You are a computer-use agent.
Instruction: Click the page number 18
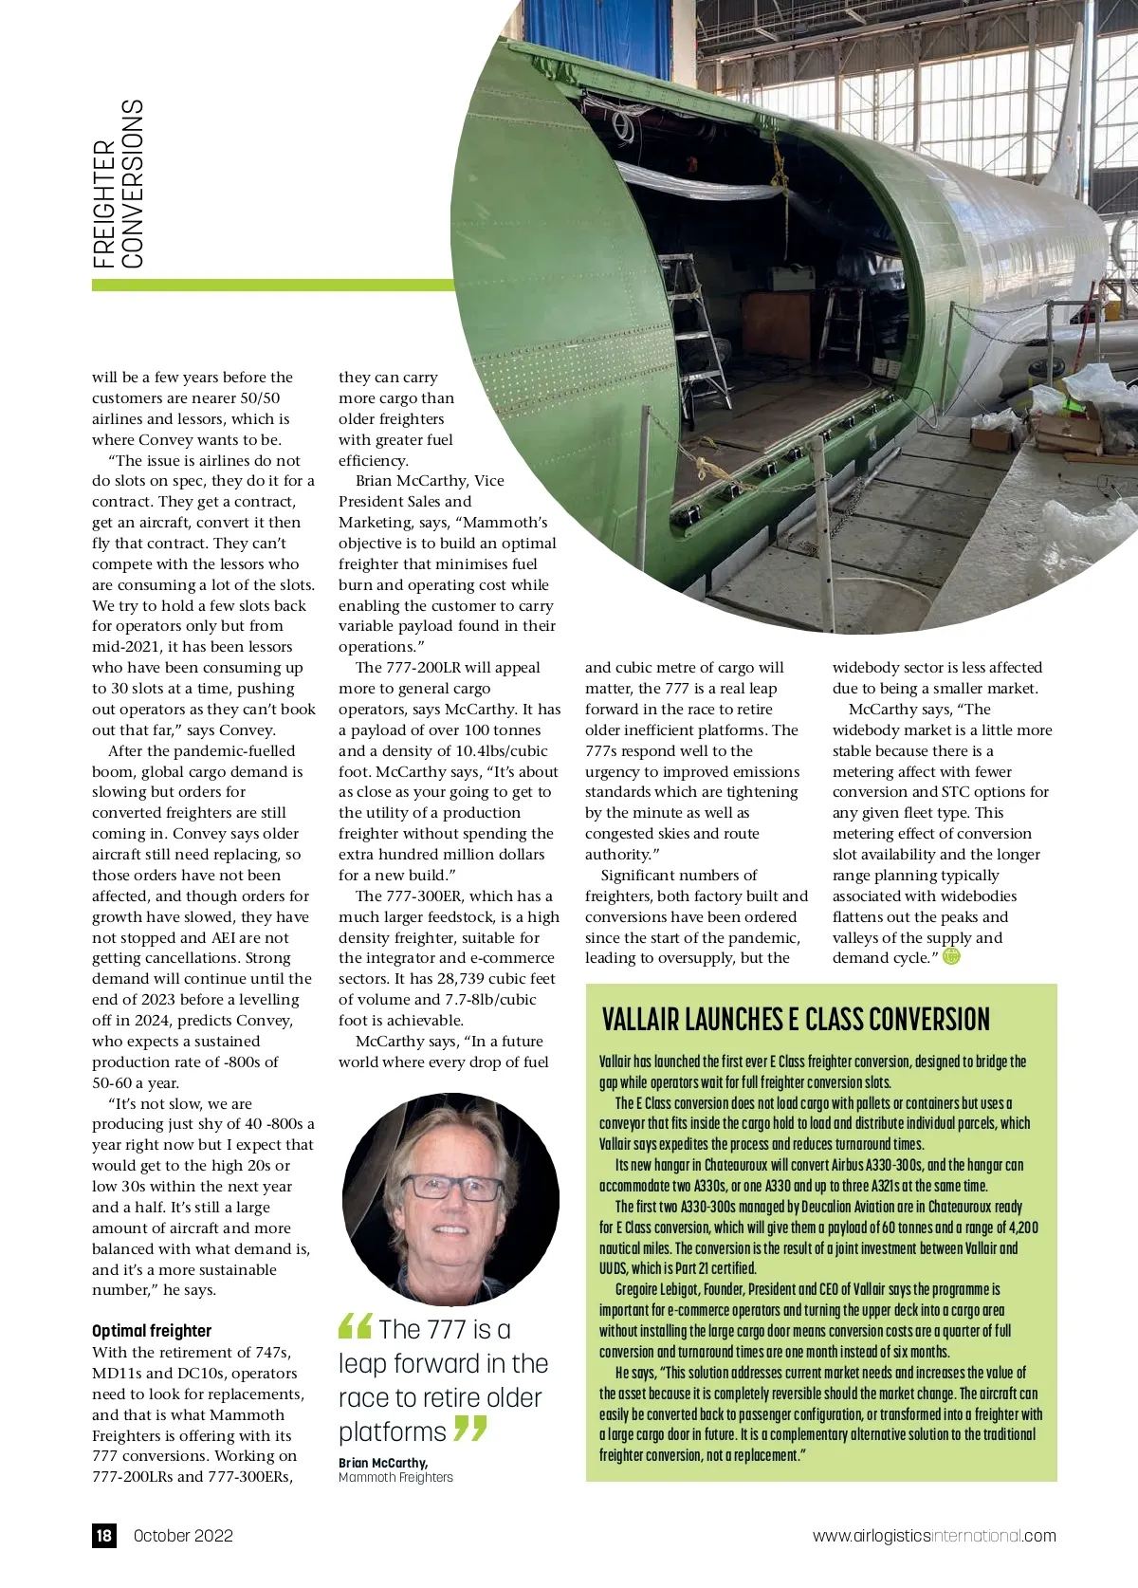coord(104,1536)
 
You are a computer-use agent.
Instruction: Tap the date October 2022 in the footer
coord(183,1536)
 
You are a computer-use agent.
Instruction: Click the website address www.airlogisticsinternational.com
coord(933,1536)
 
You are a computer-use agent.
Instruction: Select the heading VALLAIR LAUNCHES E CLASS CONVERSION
coord(796,1020)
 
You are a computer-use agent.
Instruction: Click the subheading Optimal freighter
coord(152,1331)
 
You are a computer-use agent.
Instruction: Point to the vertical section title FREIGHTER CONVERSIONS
coord(119,184)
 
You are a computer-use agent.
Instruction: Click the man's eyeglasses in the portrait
coord(452,1187)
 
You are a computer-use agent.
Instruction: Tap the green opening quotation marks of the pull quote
coord(355,1326)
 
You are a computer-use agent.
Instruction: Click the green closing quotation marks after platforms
coord(470,1428)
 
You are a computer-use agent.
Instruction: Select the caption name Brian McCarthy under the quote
coord(383,1463)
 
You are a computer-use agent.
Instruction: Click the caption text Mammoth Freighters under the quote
coord(395,1477)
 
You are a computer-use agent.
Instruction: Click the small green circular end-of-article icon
coord(951,956)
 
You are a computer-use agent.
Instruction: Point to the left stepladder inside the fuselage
coord(697,327)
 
